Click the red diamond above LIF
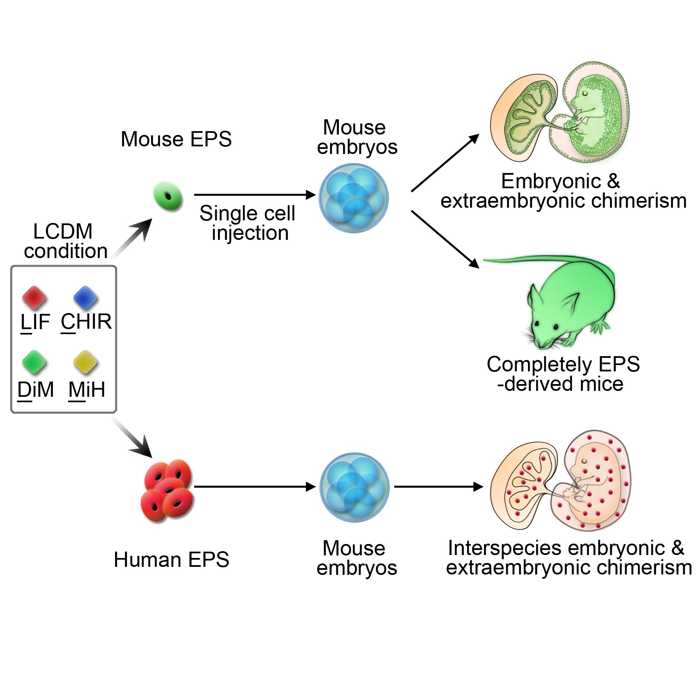coord(34,297)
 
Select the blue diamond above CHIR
coord(85,297)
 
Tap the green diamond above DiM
coord(34,363)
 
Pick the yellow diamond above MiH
coord(85,363)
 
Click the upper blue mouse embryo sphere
coord(354,198)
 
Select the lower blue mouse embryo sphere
coord(354,487)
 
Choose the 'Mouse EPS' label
coord(176,139)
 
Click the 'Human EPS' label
coord(171,560)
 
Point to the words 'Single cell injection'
coord(248,223)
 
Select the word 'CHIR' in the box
coord(86,322)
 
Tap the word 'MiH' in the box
coord(87,389)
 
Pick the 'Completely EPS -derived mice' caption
coord(563,374)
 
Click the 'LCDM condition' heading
coord(65,241)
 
